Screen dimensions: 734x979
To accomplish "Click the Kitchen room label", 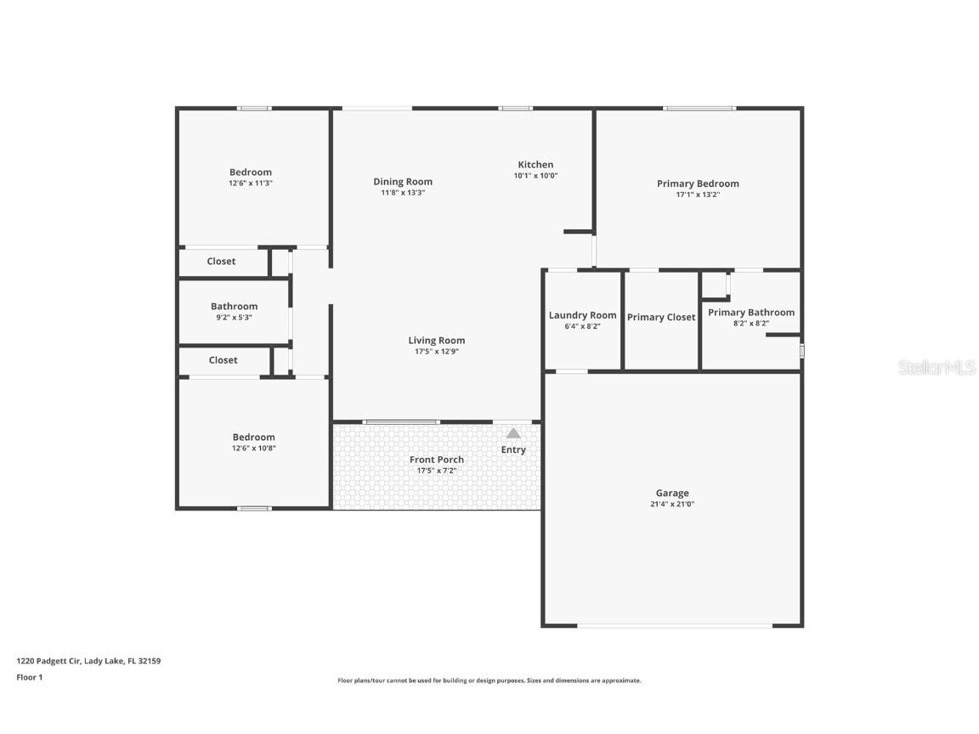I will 535,165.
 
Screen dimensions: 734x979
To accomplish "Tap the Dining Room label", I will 403,182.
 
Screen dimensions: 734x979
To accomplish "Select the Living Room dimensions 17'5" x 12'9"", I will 436,351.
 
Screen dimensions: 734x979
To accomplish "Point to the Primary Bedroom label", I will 698,183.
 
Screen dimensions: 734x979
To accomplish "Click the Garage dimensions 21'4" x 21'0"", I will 672,504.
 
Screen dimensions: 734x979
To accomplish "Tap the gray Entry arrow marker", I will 513,433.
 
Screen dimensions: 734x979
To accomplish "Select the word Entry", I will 513,450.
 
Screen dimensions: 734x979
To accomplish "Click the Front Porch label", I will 437,460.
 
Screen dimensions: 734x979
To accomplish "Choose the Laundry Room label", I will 582,315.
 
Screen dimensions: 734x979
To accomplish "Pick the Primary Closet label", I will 661,318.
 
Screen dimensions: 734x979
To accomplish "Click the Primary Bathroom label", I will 751,313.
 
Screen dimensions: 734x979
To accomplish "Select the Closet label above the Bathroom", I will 221,262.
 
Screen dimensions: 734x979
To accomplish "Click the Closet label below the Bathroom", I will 223,360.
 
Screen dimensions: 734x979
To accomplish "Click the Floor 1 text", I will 29,677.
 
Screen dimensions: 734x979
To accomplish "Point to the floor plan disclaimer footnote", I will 489,680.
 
